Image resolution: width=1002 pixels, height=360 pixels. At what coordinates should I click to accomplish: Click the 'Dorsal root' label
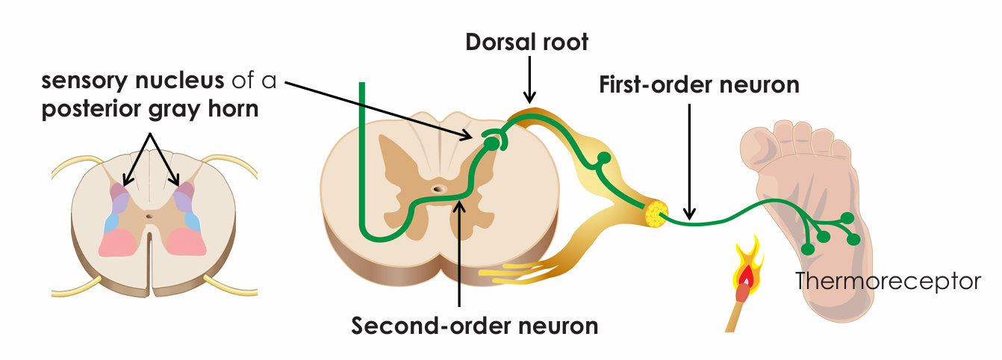[526, 42]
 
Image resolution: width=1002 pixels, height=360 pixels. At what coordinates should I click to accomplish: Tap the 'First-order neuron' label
[699, 84]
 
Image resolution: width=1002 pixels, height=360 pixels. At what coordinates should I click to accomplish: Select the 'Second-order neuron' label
[474, 326]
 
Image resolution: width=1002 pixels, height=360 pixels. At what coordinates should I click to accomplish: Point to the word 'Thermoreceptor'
[887, 282]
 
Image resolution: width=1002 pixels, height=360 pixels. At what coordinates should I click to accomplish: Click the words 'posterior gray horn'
[150, 109]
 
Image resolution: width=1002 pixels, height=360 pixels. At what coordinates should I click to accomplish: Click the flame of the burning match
[746, 270]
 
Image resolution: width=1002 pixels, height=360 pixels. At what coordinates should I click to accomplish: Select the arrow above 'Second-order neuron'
[458, 254]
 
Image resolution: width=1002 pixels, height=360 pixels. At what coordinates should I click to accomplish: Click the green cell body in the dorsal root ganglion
[603, 158]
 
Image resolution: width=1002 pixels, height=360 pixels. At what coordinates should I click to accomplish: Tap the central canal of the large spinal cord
[438, 190]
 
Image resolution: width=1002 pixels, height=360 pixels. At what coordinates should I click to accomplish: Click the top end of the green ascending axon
[363, 86]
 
